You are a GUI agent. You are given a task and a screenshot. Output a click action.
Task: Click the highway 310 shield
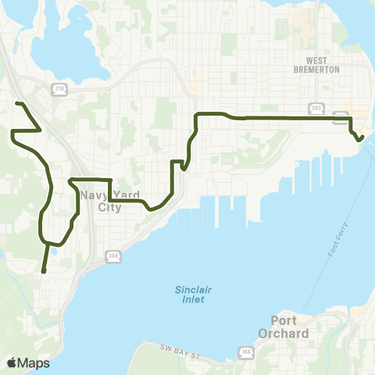coord(59,89)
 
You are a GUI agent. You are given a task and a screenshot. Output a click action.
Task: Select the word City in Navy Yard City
coord(110,208)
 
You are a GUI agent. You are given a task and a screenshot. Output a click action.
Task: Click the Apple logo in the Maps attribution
coord(12,362)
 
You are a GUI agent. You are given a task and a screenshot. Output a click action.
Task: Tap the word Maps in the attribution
coord(34,362)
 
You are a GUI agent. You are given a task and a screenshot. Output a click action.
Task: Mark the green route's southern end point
coord(43,271)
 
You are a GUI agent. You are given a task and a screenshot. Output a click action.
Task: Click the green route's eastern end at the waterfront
coord(363,137)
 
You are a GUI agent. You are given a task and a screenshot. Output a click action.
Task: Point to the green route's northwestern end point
coord(17,103)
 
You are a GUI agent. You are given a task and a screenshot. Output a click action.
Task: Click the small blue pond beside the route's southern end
coord(55,252)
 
